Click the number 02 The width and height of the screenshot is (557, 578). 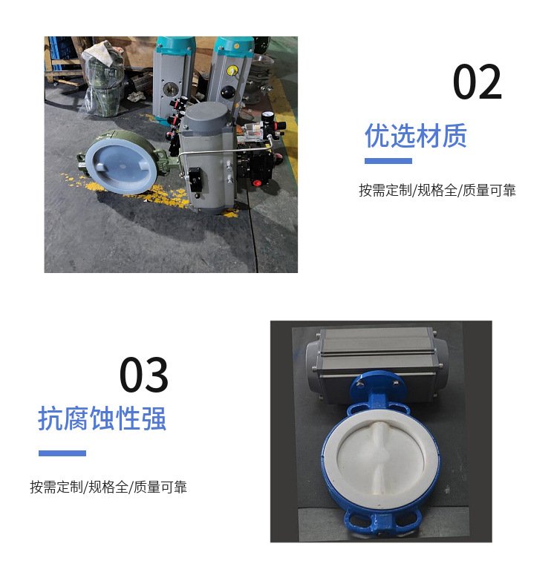(x=477, y=82)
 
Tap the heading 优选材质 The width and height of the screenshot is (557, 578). (x=416, y=135)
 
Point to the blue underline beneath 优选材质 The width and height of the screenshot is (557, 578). (x=388, y=161)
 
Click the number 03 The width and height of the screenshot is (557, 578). (x=144, y=375)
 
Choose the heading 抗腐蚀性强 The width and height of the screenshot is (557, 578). (x=102, y=418)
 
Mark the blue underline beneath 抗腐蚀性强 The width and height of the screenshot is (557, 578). (x=62, y=453)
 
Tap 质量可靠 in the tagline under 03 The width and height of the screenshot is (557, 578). (x=160, y=487)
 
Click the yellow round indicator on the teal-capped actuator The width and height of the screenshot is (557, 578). (x=232, y=70)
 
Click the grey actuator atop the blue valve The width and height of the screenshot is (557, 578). (x=376, y=361)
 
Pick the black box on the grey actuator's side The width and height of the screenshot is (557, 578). (x=195, y=180)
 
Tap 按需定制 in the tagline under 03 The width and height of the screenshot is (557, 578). (x=56, y=487)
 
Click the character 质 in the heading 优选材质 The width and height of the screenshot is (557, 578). (x=455, y=135)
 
